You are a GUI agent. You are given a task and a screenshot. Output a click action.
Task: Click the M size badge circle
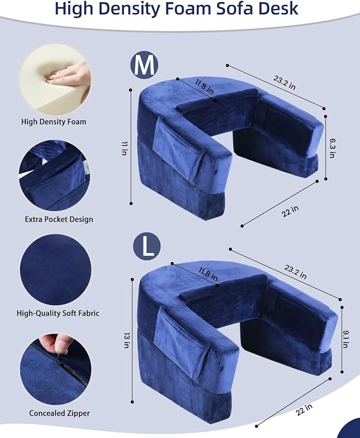tap(145, 65)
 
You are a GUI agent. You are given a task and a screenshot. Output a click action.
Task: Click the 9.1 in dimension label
tap(345, 337)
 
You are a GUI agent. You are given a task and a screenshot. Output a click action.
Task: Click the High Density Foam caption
tap(54, 121)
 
